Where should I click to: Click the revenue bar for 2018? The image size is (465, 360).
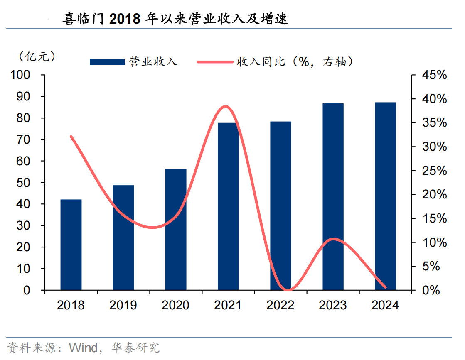71,245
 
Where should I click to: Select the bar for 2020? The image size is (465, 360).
176,229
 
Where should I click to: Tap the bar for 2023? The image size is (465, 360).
333,196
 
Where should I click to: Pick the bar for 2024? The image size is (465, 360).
386,196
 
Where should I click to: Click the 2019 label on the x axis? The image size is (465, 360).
123,305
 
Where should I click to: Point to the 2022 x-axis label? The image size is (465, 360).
280,305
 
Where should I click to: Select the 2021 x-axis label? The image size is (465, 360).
228,305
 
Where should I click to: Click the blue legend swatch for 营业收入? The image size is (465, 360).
107,62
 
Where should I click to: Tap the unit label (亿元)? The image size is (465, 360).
37,56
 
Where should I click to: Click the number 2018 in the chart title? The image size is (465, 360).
125,19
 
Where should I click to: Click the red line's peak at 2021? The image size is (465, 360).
225,106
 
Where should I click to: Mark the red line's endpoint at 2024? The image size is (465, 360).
386,287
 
